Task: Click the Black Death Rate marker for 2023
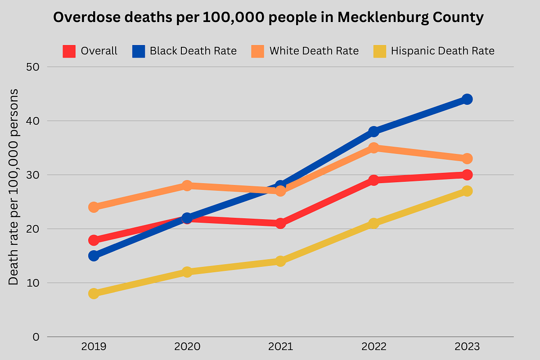(467, 99)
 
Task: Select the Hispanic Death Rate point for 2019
(94, 293)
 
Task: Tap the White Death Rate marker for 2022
(373, 148)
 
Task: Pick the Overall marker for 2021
(280, 223)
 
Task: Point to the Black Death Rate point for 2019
(94, 256)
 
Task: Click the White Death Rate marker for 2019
(94, 207)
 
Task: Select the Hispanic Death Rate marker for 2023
(467, 191)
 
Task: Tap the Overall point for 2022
(373, 180)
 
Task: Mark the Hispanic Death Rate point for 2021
(280, 261)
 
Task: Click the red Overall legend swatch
(69, 51)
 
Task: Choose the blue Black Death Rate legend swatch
(138, 51)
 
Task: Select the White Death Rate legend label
(314, 51)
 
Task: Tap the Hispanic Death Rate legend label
(442, 51)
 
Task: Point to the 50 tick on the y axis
(33, 67)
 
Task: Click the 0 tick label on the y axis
(36, 337)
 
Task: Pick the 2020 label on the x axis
(187, 347)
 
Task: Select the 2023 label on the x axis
(467, 347)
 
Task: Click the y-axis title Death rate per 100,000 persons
(14, 187)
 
